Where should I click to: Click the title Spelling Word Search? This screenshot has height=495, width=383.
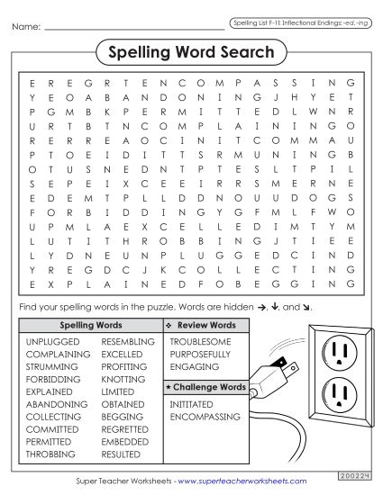tap(191, 52)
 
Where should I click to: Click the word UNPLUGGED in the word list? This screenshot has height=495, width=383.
tap(53, 342)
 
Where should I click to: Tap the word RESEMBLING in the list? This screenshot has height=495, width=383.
tap(128, 342)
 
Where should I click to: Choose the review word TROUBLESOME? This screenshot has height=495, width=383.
tap(200, 342)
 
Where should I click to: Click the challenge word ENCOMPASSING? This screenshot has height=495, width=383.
tap(205, 418)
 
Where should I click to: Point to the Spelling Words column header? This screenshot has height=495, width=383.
tap(90, 325)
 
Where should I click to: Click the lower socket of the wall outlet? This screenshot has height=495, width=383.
tap(340, 392)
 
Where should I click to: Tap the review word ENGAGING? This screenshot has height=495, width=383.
tap(194, 367)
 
